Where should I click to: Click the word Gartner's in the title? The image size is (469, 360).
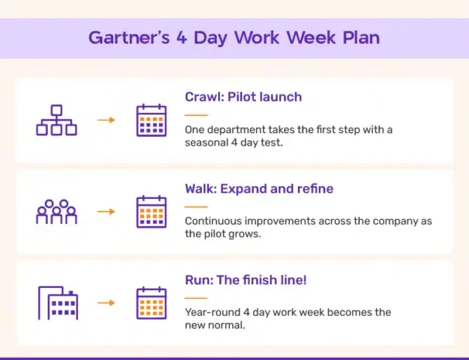click(x=129, y=38)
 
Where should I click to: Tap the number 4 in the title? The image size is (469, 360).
click(x=182, y=38)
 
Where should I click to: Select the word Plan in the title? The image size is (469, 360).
click(x=361, y=38)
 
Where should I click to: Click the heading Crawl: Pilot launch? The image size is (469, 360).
click(x=243, y=97)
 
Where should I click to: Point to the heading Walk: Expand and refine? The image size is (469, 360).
click(x=259, y=189)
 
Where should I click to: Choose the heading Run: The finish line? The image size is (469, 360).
click(x=245, y=280)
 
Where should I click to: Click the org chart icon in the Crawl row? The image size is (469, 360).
click(x=57, y=120)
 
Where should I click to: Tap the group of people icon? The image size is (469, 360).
click(x=57, y=212)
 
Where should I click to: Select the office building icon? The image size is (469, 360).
click(x=58, y=303)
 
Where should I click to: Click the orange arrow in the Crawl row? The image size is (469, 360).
click(x=106, y=120)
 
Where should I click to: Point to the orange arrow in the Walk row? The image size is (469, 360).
click(x=106, y=212)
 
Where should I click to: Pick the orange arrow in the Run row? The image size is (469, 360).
click(x=106, y=303)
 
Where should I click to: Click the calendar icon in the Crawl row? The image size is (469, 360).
click(x=151, y=120)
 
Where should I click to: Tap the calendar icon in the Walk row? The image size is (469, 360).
click(x=151, y=212)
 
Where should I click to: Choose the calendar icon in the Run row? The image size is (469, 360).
click(x=151, y=303)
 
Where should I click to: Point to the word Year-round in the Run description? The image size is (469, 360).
click(x=212, y=312)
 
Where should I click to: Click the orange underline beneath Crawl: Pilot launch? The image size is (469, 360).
click(x=196, y=115)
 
